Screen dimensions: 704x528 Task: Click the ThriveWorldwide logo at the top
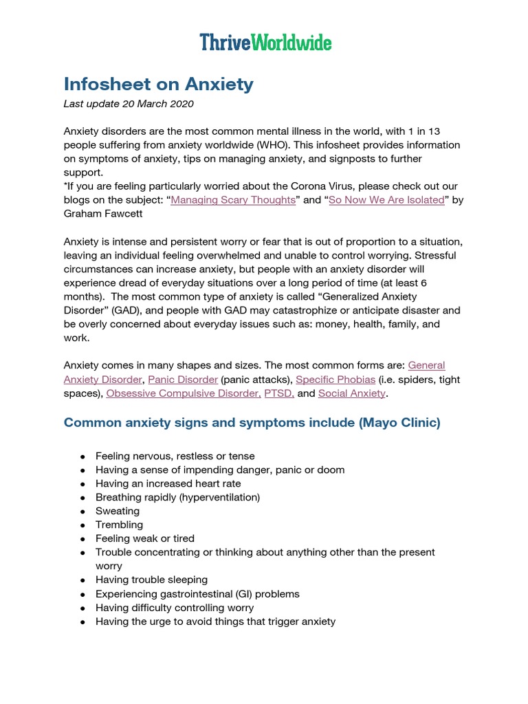pos(265,43)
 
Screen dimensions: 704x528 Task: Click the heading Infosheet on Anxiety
pos(158,85)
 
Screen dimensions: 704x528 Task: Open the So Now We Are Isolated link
pos(387,200)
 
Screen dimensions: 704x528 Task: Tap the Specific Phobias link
pos(336,379)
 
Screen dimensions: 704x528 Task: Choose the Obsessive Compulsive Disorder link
pos(184,394)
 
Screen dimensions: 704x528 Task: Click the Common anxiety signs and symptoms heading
pos(252,423)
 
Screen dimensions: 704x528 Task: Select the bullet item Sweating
pos(118,511)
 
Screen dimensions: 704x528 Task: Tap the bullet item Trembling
pos(120,525)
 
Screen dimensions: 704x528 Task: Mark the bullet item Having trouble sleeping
pos(151,580)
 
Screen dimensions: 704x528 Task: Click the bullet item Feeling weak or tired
pos(145,538)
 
